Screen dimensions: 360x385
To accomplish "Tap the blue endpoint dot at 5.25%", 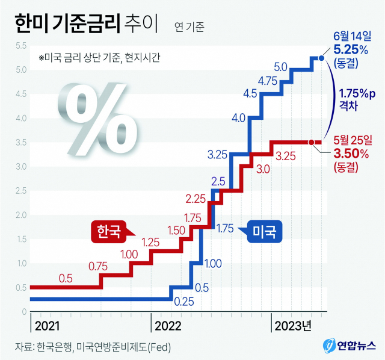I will (321, 58).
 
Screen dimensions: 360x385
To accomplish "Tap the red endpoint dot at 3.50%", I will (311, 142).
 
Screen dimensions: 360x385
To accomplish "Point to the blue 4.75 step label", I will (266, 81).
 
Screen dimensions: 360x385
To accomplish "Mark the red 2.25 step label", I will (196, 199).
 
